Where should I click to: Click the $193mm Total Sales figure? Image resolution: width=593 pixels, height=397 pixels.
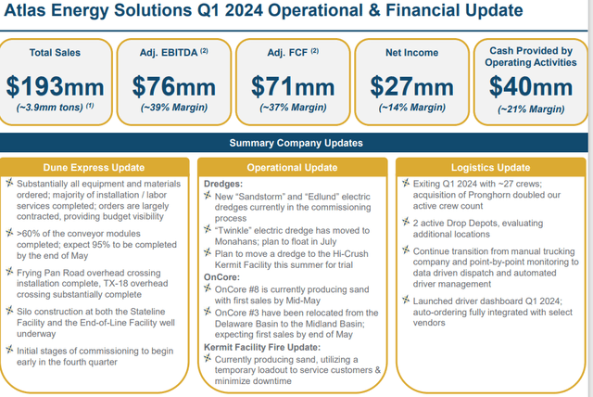click(x=57, y=85)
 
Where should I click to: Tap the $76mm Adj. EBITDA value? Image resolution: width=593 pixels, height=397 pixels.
click(x=175, y=85)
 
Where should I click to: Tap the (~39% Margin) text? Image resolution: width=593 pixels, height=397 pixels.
click(x=175, y=109)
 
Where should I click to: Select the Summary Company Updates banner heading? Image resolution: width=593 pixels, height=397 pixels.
click(x=296, y=142)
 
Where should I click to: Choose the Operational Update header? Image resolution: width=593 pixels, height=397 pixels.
click(x=293, y=167)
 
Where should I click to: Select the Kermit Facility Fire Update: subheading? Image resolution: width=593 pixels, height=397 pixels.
click(x=267, y=347)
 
